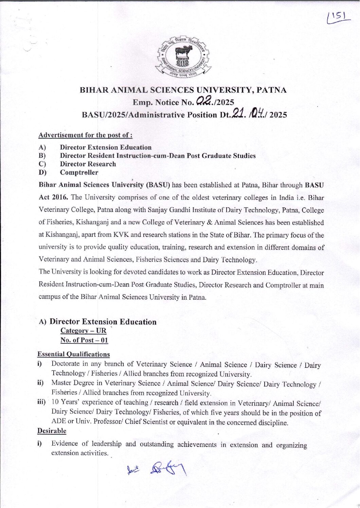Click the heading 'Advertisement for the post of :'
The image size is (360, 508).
pyautogui.click(x=85, y=135)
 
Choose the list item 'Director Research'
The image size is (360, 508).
pyautogui.click(x=88, y=164)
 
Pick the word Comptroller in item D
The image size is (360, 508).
pyautogui.click(x=79, y=172)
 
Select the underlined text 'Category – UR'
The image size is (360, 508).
pyautogui.click(x=83, y=331)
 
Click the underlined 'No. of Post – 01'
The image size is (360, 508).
pyautogui.click(x=84, y=340)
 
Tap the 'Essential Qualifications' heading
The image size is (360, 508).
pyautogui.click(x=73, y=354)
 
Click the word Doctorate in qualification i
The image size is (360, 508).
pyautogui.click(x=67, y=364)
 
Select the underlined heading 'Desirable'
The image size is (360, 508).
pyautogui.click(x=52, y=431)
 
